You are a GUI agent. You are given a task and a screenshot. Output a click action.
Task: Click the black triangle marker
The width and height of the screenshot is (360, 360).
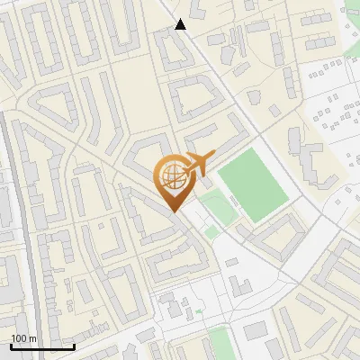[x=180, y=24]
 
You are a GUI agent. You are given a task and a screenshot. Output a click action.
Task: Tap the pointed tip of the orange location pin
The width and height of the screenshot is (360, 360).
[x=174, y=211]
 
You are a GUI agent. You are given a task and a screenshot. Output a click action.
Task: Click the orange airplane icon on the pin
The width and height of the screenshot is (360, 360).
[x=196, y=164]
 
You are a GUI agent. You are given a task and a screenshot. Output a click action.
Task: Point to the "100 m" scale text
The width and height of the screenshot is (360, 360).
[x=23, y=338]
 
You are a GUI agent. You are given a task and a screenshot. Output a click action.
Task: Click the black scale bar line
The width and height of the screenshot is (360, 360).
[x=42, y=346]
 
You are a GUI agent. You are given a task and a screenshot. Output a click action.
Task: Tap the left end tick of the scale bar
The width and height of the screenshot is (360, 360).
[x=11, y=345]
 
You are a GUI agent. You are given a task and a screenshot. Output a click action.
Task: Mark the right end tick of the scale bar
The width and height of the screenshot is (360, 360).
[x=74, y=345]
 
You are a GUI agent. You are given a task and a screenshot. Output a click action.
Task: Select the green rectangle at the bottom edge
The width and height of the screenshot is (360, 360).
[x=219, y=345]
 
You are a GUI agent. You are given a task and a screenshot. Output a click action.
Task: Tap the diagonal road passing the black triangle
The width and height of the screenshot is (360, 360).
[x=216, y=72]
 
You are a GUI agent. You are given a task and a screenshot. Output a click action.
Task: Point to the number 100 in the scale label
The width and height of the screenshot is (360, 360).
[x=19, y=338]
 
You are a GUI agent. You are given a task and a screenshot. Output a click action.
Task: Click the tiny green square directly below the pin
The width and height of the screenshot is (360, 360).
[x=211, y=232]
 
